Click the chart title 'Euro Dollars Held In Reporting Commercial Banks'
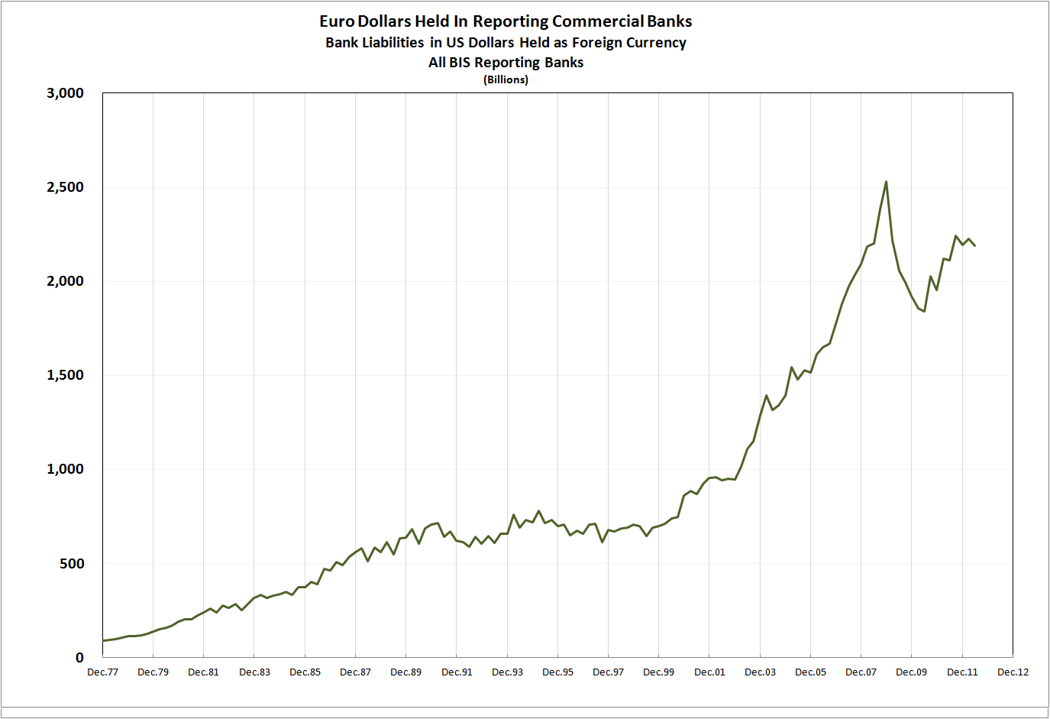(506, 21)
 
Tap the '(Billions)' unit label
(506, 79)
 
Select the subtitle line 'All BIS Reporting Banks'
(506, 63)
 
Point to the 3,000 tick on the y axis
(65, 93)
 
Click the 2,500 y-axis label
(65, 187)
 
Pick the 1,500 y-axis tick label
(65, 375)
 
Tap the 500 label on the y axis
(70, 564)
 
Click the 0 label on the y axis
(79, 658)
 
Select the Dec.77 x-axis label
(102, 672)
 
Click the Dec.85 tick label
(305, 672)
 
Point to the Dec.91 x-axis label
(457, 672)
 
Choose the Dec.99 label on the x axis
(658, 672)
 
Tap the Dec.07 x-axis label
(861, 672)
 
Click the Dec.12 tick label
(1013, 672)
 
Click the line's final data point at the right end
(974, 245)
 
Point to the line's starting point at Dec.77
(103, 641)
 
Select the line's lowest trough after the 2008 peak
(924, 311)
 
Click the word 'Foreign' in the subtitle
(599, 43)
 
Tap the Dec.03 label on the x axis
(760, 672)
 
